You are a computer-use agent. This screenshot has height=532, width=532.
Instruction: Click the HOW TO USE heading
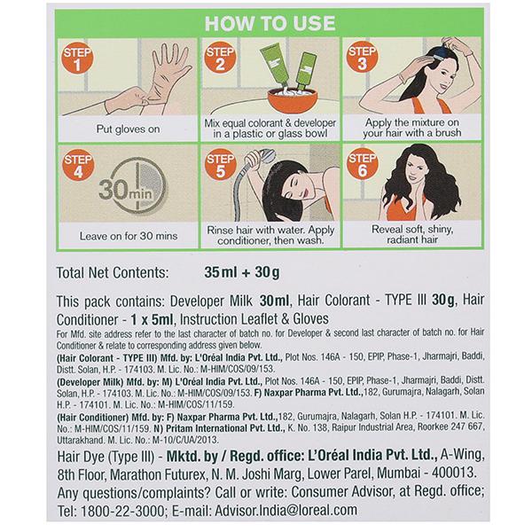pos(270,23)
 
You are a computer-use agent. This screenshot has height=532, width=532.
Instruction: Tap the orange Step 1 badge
pos(77,58)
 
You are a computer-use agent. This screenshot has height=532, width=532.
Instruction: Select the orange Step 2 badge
pos(220,58)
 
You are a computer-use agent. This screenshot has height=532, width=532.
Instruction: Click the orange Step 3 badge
pos(362,58)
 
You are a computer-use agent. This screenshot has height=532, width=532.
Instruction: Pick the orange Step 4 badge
pos(78,165)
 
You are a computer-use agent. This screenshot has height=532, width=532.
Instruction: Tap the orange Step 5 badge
pos(221,165)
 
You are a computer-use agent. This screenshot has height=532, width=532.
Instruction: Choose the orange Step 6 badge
pos(363,164)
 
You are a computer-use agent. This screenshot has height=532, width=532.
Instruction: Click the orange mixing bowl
pos(293,100)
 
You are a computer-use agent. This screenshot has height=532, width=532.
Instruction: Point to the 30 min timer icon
pos(133,186)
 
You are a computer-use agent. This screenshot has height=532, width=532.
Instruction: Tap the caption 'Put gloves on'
pos(128,129)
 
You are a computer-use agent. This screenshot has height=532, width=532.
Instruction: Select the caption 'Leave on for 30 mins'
pos(129,236)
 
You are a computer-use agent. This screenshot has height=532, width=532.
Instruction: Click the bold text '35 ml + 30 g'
pos(242,272)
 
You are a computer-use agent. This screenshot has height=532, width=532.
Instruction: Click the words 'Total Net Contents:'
pos(113,273)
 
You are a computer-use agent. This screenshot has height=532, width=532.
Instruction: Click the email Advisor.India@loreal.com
pos(286,511)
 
